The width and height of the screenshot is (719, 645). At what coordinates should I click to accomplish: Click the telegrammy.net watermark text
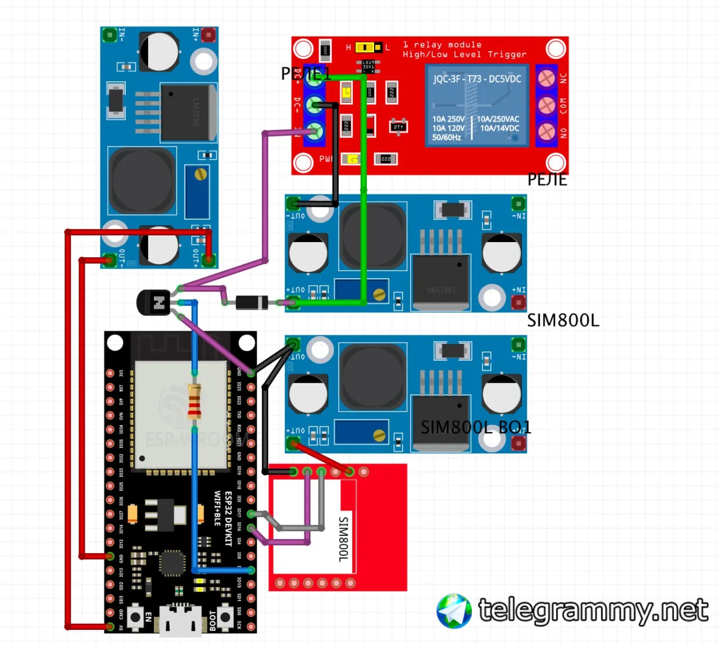(593, 610)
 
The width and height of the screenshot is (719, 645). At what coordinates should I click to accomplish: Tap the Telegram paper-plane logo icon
(454, 611)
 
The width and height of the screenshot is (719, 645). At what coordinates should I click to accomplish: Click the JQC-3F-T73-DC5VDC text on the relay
(477, 79)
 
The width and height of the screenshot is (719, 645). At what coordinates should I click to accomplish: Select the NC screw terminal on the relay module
(546, 78)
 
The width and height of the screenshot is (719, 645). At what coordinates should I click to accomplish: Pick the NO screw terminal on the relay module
(546, 132)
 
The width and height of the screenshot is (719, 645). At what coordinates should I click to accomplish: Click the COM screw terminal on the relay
(546, 105)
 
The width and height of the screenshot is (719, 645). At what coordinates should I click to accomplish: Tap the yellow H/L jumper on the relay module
(367, 47)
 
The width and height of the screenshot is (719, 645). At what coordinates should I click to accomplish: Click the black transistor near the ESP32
(153, 303)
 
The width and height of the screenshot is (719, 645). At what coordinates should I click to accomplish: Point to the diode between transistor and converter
(251, 303)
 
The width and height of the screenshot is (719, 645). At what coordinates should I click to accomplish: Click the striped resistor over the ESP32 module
(194, 401)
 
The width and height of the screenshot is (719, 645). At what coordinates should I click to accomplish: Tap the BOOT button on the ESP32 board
(225, 617)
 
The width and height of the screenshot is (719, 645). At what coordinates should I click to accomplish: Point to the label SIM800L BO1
(475, 428)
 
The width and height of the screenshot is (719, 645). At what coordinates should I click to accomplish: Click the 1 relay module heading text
(442, 44)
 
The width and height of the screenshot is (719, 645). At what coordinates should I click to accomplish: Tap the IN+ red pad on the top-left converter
(208, 35)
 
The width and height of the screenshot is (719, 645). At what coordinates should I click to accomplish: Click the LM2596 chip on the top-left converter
(186, 112)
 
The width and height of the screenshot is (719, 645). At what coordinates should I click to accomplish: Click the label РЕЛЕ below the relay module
(547, 180)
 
